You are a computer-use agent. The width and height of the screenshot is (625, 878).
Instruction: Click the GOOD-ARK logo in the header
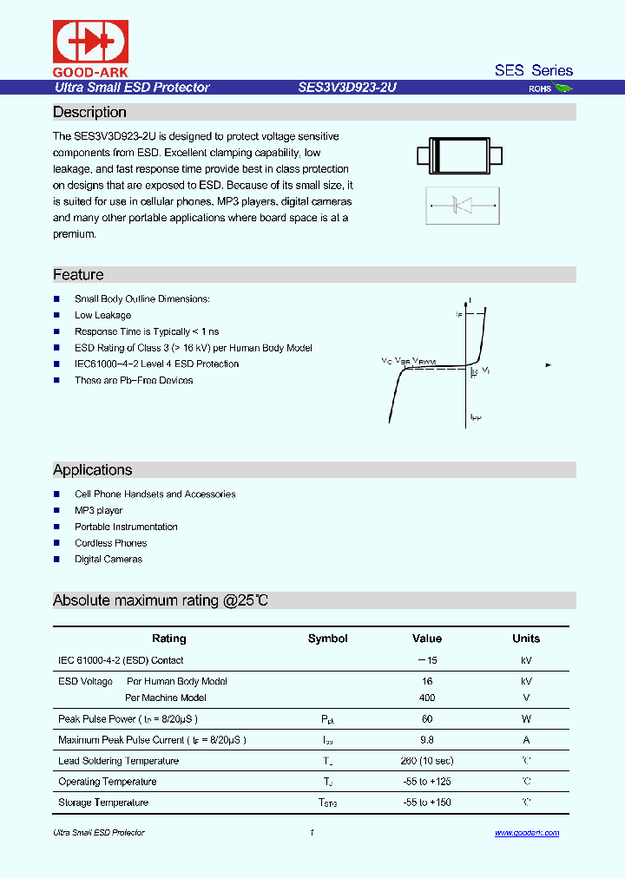click(x=91, y=49)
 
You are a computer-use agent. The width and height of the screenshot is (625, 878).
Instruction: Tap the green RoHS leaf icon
click(x=563, y=88)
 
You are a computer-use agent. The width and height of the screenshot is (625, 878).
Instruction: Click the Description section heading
click(x=89, y=113)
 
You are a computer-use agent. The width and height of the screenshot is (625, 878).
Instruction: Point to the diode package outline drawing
click(x=460, y=155)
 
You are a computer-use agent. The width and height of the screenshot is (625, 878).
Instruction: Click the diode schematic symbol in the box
click(x=461, y=206)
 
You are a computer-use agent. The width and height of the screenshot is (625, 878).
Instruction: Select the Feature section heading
click(x=78, y=275)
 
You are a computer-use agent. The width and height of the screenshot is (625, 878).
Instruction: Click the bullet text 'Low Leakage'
click(x=102, y=316)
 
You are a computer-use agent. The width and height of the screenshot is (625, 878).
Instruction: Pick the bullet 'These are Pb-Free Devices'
click(x=134, y=381)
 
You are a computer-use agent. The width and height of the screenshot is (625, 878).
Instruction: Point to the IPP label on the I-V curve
click(x=476, y=417)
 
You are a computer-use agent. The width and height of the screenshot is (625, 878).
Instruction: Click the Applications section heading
click(x=93, y=470)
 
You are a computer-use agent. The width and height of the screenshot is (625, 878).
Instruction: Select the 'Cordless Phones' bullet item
click(x=110, y=543)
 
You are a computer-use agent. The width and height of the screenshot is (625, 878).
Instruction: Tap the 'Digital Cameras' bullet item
click(x=108, y=560)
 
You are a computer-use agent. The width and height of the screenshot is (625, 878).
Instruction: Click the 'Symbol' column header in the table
click(x=327, y=639)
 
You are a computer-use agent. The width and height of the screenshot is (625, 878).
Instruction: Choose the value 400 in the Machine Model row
click(x=426, y=698)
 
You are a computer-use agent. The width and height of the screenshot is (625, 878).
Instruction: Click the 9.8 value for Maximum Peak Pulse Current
click(x=426, y=740)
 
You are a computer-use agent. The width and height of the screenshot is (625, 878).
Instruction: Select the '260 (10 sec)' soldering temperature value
click(x=426, y=761)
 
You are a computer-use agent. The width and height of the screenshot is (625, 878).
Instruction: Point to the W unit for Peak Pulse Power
click(x=526, y=719)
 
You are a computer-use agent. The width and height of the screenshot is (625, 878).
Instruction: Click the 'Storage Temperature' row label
click(x=103, y=803)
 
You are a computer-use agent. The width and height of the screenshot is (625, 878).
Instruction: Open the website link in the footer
click(x=527, y=833)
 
